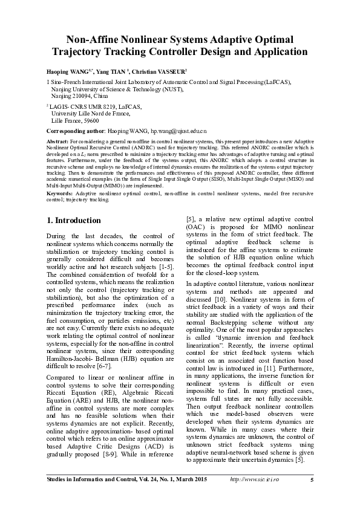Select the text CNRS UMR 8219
(x=92, y=106)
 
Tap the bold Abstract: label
(x=58, y=139)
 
